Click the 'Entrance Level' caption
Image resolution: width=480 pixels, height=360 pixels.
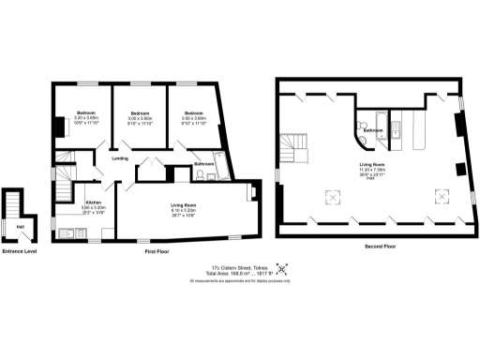(x=19, y=251)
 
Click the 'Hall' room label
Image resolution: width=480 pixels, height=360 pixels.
(x=20, y=225)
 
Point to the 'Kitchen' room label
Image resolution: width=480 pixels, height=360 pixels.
(x=94, y=202)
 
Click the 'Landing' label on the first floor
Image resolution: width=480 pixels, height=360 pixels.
(x=120, y=157)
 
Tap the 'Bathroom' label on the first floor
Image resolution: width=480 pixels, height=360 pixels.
(x=204, y=164)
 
